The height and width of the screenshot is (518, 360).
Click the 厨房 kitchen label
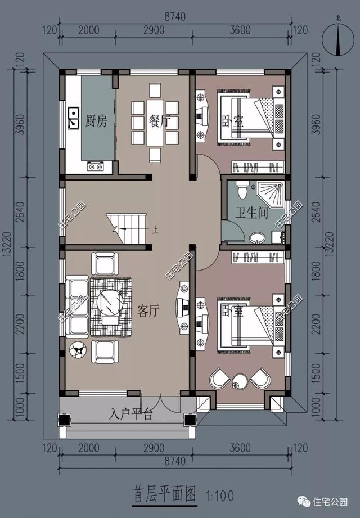coord(96,121)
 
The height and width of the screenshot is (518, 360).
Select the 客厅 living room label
coord(148,310)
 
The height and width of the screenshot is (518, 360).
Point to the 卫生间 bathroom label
coord(251,213)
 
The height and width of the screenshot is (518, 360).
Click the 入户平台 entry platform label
coord(131,414)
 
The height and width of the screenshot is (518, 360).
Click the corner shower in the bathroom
coord(271,194)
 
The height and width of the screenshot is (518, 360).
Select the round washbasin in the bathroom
coord(257,237)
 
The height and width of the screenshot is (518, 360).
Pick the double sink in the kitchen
coord(73,118)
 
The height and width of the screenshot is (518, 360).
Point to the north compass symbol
coord(339,39)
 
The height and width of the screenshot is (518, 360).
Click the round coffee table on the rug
coord(110,302)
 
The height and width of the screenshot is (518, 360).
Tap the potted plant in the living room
coord(78,350)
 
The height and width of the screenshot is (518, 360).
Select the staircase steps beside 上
coord(127,228)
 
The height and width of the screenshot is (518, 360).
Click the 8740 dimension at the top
coord(175,16)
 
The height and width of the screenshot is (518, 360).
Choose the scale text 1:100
coord(220,496)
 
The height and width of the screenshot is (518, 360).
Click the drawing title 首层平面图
coord(164,494)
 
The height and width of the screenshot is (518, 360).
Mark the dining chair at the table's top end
coord(155,90)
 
